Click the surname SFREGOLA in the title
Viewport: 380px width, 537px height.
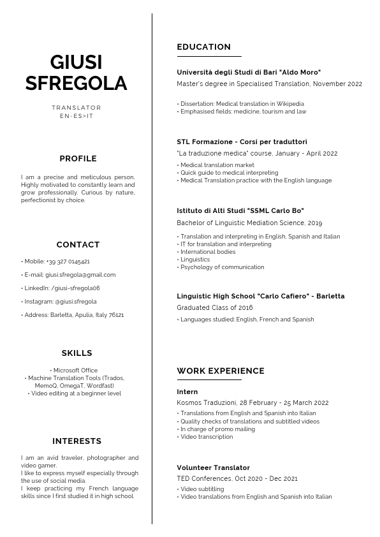[x=77, y=84]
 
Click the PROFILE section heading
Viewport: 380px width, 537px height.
[x=78, y=159]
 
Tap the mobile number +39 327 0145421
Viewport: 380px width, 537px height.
[x=68, y=261]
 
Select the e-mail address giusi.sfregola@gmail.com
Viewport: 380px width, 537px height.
[x=80, y=275]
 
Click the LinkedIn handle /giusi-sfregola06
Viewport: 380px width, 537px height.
[x=75, y=288]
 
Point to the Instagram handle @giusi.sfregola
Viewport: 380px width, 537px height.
[x=75, y=302]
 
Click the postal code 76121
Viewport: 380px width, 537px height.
[x=116, y=315]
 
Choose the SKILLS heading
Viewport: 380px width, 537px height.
[x=77, y=353]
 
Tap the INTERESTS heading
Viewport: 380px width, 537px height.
[x=77, y=441]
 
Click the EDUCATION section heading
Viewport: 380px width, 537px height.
[x=203, y=47]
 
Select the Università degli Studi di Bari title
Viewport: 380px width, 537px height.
[x=249, y=73]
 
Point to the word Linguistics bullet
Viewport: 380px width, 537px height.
[x=194, y=260]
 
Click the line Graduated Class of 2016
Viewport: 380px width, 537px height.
[x=214, y=307]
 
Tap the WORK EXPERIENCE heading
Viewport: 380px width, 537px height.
[x=221, y=371]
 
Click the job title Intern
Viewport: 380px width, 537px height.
[x=187, y=392]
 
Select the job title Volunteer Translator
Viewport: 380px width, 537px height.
[x=213, y=467]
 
